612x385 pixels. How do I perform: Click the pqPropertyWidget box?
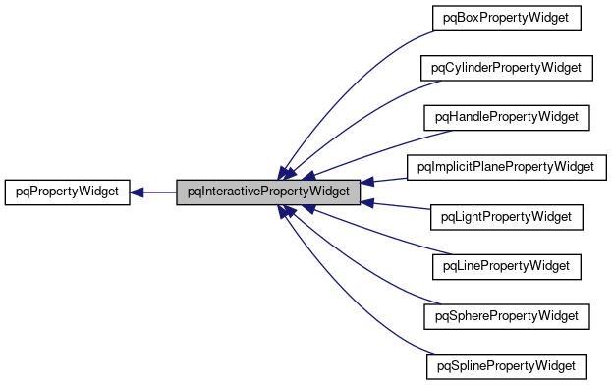[x=67, y=192]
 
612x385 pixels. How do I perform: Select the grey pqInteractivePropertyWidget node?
[x=266, y=192]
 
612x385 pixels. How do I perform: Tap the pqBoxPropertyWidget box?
[x=506, y=18]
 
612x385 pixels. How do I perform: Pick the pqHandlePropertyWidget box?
[x=506, y=117]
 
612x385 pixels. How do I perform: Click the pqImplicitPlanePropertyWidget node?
[x=506, y=167]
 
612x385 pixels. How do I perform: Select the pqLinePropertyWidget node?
[x=506, y=266]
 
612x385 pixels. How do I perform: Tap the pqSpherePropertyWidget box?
[x=506, y=316]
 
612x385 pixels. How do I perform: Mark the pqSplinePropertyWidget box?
[x=506, y=366]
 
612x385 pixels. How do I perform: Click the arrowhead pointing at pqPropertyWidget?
[x=139, y=192]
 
